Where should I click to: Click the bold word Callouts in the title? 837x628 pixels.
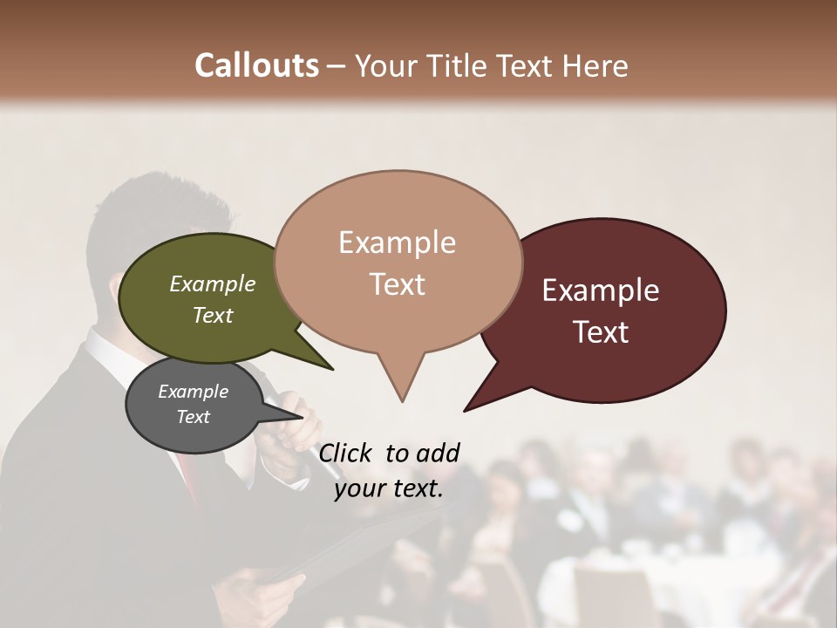click(256, 66)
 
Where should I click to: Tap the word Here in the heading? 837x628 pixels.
click(595, 66)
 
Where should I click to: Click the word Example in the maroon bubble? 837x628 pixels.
click(601, 290)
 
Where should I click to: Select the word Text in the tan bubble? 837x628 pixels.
click(398, 284)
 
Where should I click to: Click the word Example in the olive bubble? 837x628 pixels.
click(212, 284)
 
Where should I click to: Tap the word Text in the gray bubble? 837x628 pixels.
click(194, 417)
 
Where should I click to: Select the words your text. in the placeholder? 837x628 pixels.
click(389, 488)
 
